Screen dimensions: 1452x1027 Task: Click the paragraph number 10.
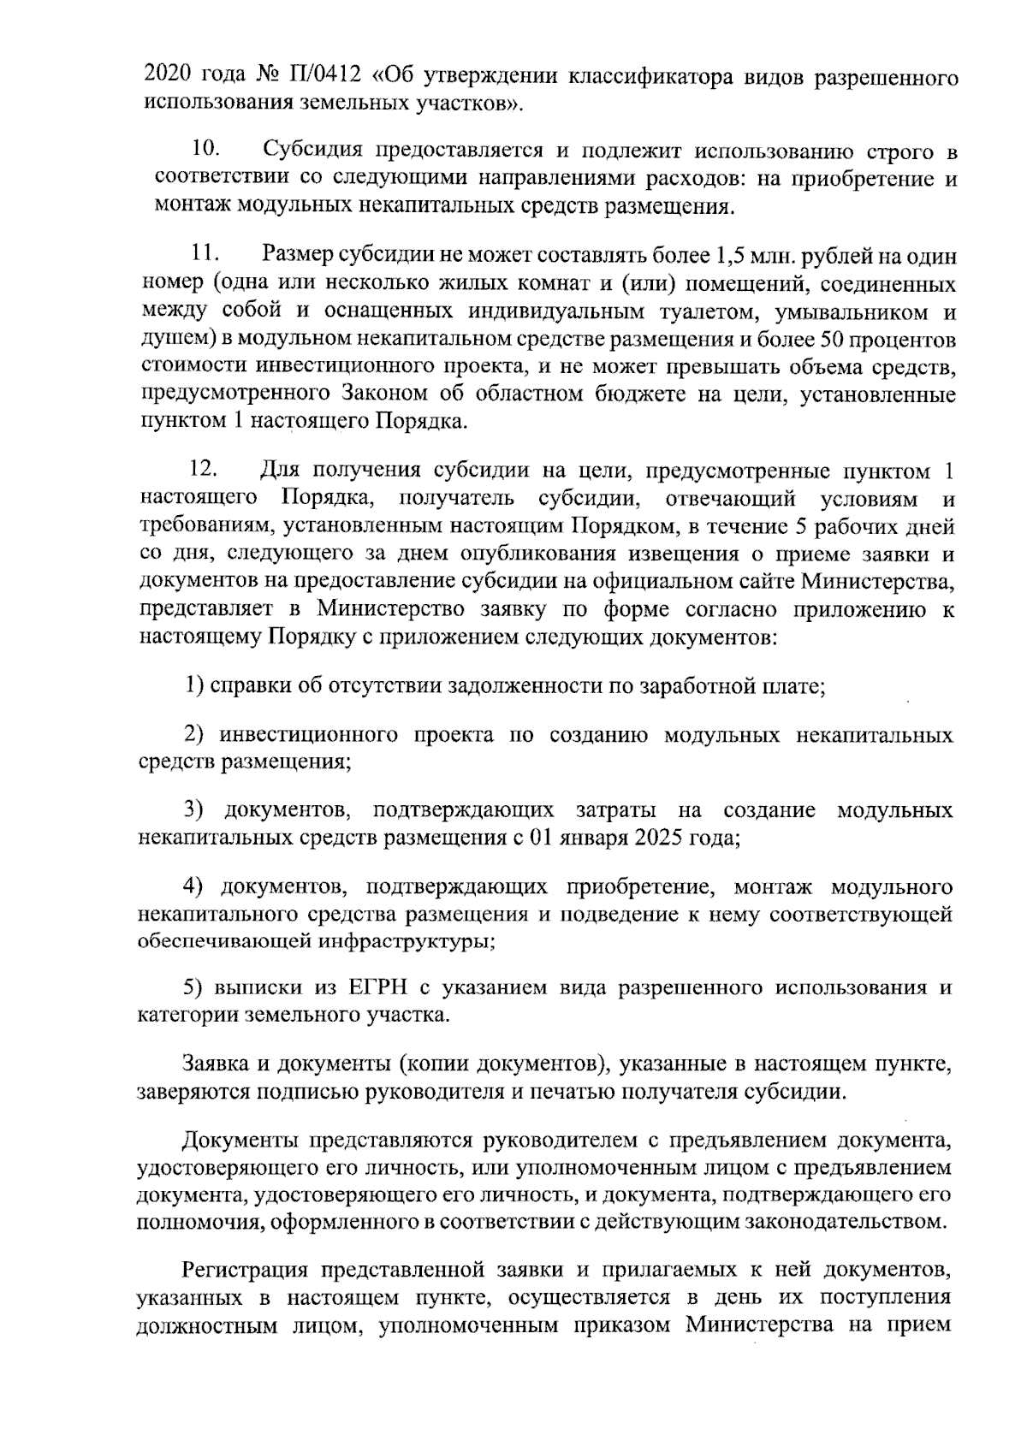pos(205,151)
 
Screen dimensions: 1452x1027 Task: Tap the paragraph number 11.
pos(205,254)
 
